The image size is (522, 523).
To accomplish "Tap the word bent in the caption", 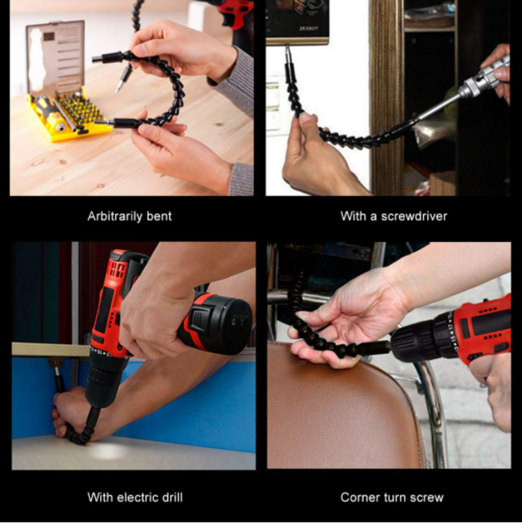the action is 159,217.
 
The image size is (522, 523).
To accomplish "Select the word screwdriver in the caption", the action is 414,217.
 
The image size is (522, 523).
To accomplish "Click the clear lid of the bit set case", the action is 56,57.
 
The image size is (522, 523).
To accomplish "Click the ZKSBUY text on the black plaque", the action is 308,29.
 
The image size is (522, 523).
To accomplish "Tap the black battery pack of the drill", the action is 217,325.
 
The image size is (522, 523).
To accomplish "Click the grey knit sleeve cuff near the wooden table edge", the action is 241,178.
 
